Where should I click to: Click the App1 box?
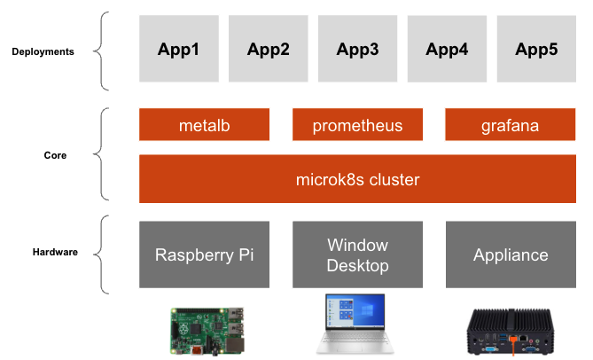point(178,50)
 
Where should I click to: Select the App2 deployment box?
point(268,50)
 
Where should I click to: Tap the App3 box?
point(357,50)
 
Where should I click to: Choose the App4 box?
point(447,50)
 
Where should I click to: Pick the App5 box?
point(536,50)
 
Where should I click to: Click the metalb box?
point(204,125)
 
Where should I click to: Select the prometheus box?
point(357,125)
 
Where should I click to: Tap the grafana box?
point(510,125)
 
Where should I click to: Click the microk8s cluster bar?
point(357,179)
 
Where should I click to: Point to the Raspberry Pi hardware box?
point(204,254)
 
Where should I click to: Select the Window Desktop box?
point(357,254)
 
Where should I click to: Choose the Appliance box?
point(510,254)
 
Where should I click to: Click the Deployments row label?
point(43,51)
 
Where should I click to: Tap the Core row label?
point(55,155)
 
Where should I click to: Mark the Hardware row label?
point(55,252)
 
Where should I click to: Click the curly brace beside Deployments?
point(105,51)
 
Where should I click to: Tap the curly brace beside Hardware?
point(105,254)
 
